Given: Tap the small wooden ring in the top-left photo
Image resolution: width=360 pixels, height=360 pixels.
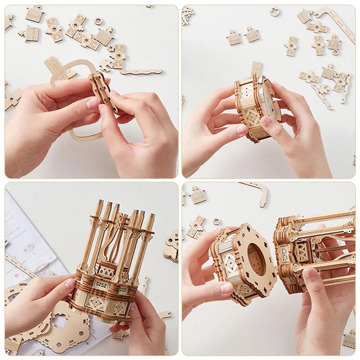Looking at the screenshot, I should click(99, 21).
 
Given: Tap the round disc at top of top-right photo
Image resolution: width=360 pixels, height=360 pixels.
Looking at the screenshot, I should click(275, 11).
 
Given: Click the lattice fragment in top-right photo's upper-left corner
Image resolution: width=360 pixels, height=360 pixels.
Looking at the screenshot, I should click(186, 16).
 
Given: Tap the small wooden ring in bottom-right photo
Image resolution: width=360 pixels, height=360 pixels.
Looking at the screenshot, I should click(217, 222).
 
